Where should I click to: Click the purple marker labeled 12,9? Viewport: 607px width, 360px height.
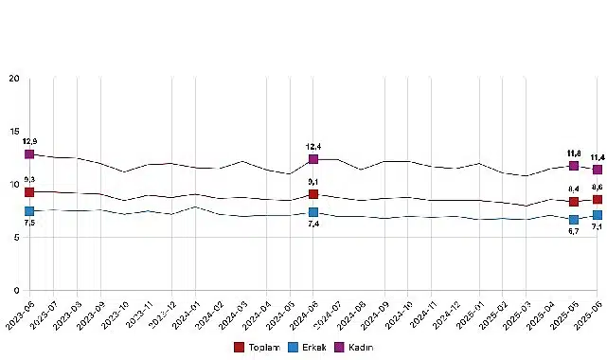[29, 153]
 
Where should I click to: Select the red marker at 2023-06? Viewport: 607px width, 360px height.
[29, 192]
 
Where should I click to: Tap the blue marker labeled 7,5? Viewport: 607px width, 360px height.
[29, 211]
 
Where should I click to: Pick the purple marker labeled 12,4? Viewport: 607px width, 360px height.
[313, 159]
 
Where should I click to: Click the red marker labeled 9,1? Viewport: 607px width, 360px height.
[313, 194]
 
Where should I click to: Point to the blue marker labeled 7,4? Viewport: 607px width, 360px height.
[313, 212]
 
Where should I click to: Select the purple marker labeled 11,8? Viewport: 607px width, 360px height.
[573, 166]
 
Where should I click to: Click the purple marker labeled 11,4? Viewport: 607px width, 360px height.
[597, 170]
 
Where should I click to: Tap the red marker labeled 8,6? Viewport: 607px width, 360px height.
[597, 199]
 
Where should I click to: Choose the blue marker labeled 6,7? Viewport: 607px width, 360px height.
[573, 220]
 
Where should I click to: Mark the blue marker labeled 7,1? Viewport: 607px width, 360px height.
[597, 215]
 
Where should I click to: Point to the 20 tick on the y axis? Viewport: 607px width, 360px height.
[13, 79]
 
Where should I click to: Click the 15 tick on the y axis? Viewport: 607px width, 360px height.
[13, 132]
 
